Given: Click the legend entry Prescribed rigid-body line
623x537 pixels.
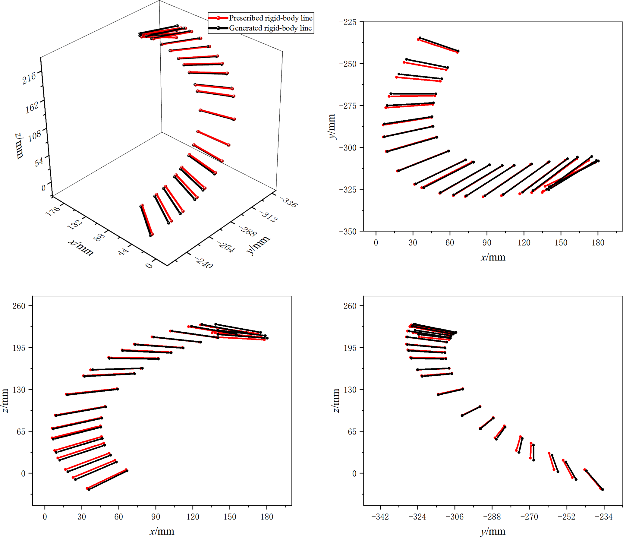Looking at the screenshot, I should point(270,18).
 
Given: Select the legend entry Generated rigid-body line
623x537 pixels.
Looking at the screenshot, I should point(270,28).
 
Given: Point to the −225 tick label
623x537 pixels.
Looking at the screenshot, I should point(348,22).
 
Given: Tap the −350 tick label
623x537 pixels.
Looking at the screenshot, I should point(348,232).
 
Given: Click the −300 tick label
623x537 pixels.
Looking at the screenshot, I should point(348,148).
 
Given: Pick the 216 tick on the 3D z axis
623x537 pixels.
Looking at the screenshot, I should point(29,77).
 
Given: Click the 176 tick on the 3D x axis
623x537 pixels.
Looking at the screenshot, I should point(53,211).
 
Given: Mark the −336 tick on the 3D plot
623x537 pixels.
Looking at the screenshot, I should point(289,202).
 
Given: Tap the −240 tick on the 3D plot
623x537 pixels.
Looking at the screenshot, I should point(204,263).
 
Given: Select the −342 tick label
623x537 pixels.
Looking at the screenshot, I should point(380,517).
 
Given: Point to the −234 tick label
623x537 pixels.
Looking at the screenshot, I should point(603,517).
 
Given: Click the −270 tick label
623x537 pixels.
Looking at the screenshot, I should point(529,517).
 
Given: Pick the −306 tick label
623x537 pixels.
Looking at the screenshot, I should point(455,517).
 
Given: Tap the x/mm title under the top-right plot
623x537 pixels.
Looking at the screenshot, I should point(493,257).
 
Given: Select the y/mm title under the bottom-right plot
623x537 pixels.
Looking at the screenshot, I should point(493,531).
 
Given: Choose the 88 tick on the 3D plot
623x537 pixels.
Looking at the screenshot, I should point(99,237).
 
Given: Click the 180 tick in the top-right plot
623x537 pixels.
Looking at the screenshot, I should point(598,243).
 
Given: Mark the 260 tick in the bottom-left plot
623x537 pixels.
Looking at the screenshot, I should point(19,306).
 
